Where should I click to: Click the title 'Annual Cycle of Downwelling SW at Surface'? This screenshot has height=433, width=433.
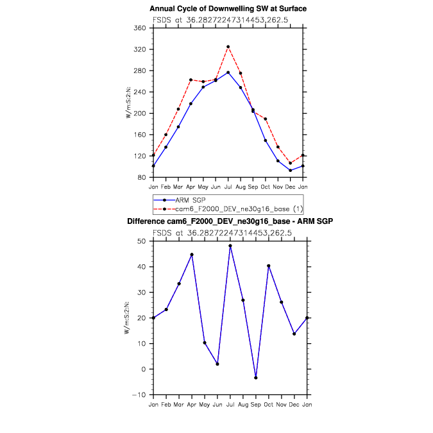(x=228, y=8)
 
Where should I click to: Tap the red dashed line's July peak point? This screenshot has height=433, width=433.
(x=228, y=46)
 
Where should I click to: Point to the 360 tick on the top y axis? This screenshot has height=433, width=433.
(x=142, y=28)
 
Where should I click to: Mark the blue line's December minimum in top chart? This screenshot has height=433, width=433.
(x=291, y=170)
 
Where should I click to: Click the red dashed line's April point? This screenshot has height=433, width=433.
(x=191, y=80)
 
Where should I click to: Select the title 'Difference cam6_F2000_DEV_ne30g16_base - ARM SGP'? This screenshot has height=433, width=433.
(x=230, y=221)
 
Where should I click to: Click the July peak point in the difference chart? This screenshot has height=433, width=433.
(x=230, y=246)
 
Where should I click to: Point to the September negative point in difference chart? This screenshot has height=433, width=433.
(x=256, y=378)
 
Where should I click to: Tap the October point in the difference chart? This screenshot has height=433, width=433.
(x=269, y=266)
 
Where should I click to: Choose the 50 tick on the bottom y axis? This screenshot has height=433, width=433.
(x=144, y=241)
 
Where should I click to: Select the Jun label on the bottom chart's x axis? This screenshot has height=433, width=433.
(x=217, y=405)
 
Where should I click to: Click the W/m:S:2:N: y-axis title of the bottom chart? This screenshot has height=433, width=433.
(x=128, y=318)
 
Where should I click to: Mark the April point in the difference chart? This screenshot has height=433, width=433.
(x=192, y=255)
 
